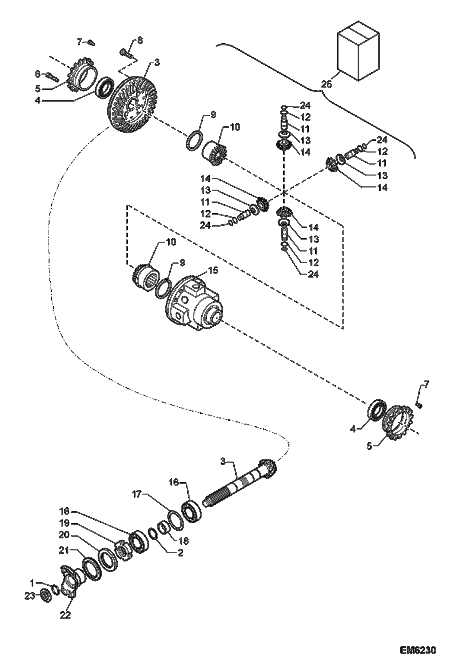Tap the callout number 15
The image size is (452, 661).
point(213,271)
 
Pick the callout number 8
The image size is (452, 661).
point(140,41)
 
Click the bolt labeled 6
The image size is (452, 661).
point(52,77)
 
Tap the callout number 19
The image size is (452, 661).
point(65,523)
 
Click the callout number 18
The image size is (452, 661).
point(184,541)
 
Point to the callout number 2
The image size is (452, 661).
point(180,553)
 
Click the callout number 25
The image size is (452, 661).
point(326,84)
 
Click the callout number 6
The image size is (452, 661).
point(38,74)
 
